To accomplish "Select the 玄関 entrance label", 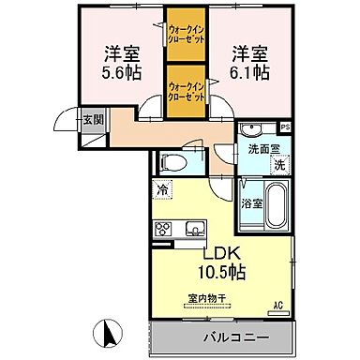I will (x=92, y=119).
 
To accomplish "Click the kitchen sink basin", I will (x=196, y=228).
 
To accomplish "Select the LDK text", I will (x=222, y=253).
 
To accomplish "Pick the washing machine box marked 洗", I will (x=278, y=165).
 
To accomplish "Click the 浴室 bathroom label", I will (x=252, y=201).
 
